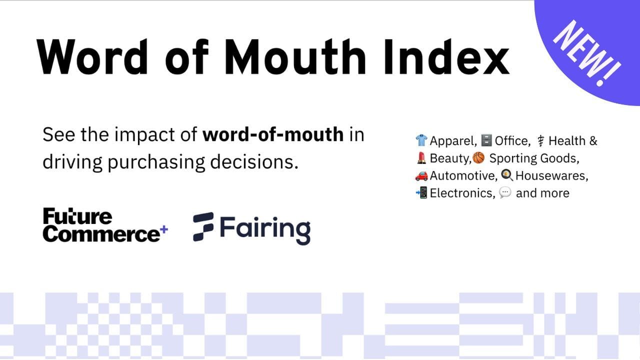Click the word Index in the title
click(446, 57)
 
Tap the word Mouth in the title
click(295, 57)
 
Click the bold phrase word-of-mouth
click(273, 134)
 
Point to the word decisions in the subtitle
click(254, 161)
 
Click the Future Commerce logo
click(105, 225)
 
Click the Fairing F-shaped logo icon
click(203, 227)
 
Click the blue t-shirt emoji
click(421, 140)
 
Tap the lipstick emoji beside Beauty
click(421, 157)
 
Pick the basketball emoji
click(478, 157)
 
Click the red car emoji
click(421, 175)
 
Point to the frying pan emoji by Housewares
click(507, 175)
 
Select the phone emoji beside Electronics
click(421, 192)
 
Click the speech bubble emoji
click(505, 192)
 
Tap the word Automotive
click(463, 175)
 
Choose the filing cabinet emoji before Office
click(486, 140)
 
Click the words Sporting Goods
click(534, 158)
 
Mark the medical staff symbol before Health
click(540, 141)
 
